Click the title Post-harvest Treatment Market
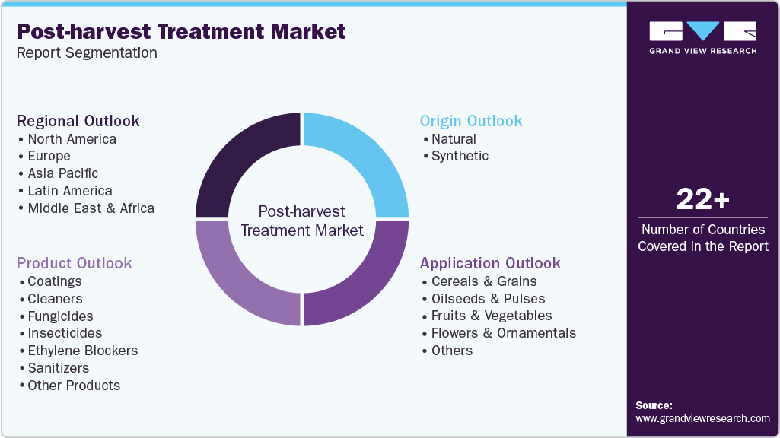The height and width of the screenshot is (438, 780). (x=181, y=31)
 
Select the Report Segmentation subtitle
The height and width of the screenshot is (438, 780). (x=87, y=52)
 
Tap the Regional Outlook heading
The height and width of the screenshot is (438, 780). (x=78, y=121)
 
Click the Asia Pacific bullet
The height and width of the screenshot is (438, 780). (x=63, y=173)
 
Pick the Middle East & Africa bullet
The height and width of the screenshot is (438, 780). (x=91, y=208)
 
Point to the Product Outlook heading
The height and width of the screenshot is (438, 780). (x=75, y=263)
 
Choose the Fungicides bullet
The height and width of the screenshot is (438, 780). (x=60, y=316)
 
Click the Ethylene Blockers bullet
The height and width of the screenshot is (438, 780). (x=82, y=351)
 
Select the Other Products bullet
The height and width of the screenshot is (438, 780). (x=74, y=386)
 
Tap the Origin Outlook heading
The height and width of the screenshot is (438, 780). (x=471, y=121)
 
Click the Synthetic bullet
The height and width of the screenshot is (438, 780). (x=460, y=156)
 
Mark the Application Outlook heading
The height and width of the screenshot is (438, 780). (x=490, y=263)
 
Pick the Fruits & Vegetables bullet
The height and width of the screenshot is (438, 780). (x=492, y=316)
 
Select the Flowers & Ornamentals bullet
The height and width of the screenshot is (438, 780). (x=503, y=333)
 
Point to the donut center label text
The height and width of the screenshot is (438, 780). (x=302, y=221)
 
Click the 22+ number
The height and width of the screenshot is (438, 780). (x=702, y=199)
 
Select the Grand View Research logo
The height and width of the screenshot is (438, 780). (x=702, y=36)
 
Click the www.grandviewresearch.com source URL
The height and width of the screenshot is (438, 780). (x=702, y=418)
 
